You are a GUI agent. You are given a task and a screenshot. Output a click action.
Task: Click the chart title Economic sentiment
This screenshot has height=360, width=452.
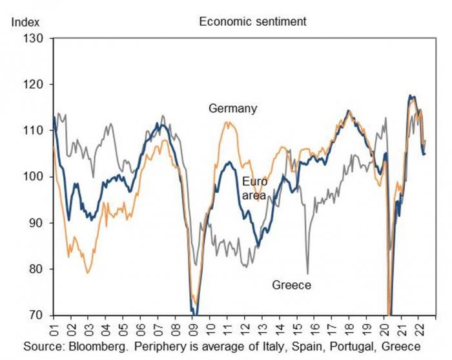point(252,21)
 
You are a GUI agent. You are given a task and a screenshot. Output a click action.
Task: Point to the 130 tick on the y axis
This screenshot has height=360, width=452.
point(33,39)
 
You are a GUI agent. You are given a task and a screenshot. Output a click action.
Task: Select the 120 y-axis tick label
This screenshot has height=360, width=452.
point(33,85)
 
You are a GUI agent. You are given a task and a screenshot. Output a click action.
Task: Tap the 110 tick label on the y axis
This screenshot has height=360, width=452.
point(33,131)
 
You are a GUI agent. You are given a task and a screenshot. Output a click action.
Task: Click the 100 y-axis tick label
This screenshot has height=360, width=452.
point(33,176)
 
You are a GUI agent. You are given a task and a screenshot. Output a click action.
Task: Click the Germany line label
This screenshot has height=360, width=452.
point(232,109)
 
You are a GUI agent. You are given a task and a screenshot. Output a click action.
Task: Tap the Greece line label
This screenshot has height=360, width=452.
point(291,285)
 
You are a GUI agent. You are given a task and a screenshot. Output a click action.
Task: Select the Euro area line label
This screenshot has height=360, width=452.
point(254,187)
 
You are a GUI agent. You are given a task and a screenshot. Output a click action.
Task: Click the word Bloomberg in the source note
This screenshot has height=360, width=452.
point(92,346)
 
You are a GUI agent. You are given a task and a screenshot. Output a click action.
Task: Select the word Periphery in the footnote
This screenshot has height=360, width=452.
point(152,346)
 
